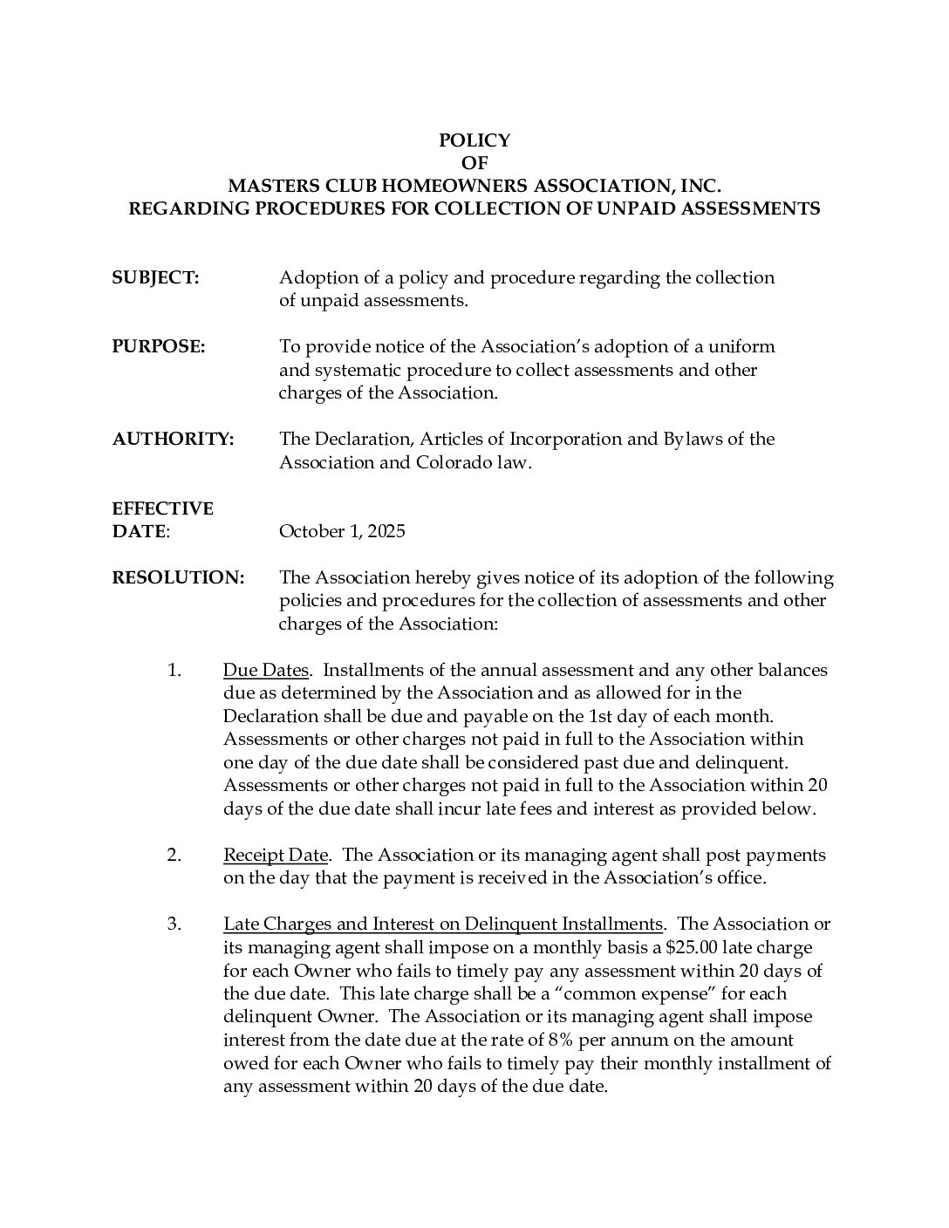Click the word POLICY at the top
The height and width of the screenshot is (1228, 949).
click(x=474, y=140)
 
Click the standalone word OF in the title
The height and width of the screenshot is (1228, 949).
click(x=474, y=163)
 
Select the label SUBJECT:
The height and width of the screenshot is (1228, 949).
click(x=155, y=277)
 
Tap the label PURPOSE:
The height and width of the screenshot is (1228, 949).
click(x=158, y=346)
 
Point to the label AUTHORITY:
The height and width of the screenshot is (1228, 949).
click(x=173, y=439)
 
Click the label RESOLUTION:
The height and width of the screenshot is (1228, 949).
click(x=178, y=577)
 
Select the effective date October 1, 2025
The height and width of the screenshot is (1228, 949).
click(x=342, y=531)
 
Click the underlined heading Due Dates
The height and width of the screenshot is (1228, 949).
click(x=266, y=670)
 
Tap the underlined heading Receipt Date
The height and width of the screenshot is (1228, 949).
click(x=276, y=855)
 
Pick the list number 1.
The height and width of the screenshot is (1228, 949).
click(x=174, y=670)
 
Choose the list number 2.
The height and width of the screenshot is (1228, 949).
click(x=174, y=855)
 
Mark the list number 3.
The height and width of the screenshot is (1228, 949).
click(x=174, y=924)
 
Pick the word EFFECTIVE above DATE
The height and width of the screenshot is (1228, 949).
click(x=162, y=508)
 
